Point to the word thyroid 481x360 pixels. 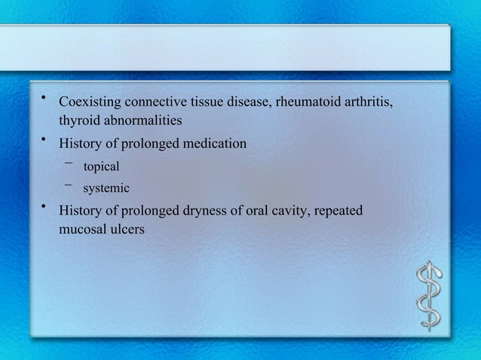tap(78, 121)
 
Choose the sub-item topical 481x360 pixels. tap(101, 166)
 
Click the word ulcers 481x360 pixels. tap(127, 229)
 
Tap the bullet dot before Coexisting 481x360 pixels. tap(44, 97)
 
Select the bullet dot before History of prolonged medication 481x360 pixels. tap(44, 138)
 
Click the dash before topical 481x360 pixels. tap(69, 163)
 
